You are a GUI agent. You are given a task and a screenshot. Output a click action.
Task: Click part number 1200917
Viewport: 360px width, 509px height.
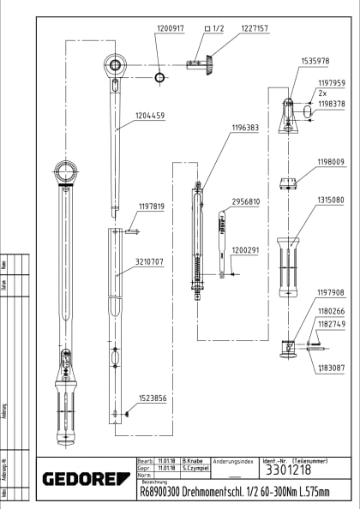170,28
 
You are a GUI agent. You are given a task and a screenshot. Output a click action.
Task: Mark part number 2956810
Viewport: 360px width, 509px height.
245,202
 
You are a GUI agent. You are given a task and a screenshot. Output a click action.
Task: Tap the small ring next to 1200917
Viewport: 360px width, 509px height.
159,77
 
